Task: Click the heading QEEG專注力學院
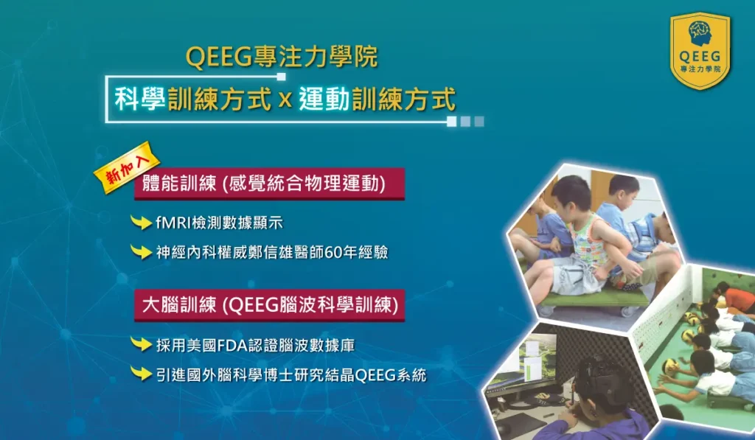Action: tap(282, 57)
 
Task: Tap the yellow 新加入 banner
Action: tap(122, 171)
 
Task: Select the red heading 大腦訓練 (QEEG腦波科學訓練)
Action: tap(269, 305)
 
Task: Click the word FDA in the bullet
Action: tap(232, 344)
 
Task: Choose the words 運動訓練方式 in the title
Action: tap(377, 99)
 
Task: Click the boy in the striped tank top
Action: tap(582, 236)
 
